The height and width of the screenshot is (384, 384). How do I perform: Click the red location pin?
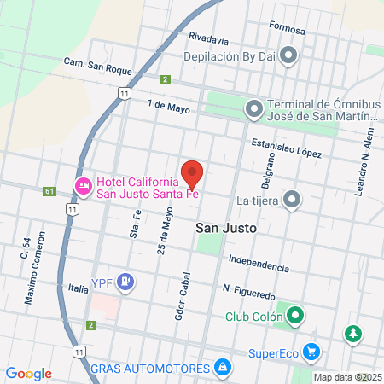click(192, 173)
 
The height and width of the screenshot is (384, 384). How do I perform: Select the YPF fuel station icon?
click(126, 281)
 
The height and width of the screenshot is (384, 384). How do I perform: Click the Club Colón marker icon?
click(296, 316)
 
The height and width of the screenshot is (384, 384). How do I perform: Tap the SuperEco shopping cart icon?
click(311, 351)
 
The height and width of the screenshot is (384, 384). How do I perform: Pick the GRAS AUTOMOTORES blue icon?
click(222, 367)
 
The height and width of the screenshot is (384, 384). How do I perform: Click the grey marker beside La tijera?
click(293, 200)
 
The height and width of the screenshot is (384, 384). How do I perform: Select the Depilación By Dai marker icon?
click(288, 56)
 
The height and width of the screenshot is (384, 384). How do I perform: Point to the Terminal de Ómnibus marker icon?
click(253, 108)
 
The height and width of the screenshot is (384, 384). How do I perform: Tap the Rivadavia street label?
click(209, 38)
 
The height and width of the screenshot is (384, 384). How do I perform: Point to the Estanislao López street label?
click(287, 148)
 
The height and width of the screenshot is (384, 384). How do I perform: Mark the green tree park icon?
click(352, 334)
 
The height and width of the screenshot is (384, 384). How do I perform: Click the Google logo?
click(28, 374)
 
